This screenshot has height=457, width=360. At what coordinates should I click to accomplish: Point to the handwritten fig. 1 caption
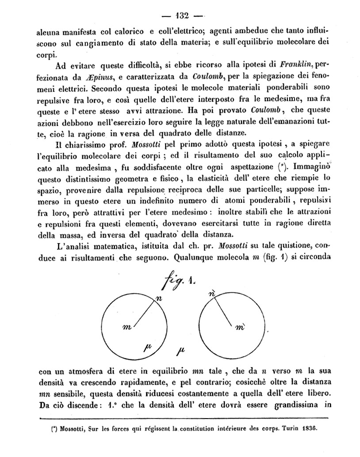click(181, 280)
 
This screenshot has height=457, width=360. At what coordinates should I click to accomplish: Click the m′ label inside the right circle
click(241, 328)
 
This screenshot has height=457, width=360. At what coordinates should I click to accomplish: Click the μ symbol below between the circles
click(180, 352)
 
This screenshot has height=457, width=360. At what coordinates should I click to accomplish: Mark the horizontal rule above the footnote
click(183, 418)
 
